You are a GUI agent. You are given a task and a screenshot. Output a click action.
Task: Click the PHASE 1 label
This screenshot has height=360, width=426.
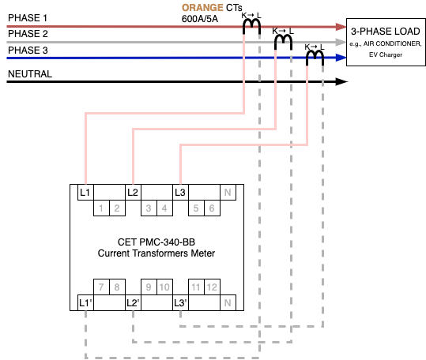pos(28,18)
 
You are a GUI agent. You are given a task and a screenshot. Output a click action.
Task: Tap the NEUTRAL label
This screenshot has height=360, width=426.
pos(30,73)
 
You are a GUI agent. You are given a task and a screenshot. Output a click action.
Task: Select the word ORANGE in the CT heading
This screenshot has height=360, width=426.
pos(202,8)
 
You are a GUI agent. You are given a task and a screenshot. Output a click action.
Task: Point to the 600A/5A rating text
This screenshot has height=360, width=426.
pos(200,19)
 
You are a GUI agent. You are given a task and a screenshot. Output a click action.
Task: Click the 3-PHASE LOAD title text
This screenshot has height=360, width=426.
pos(385,32)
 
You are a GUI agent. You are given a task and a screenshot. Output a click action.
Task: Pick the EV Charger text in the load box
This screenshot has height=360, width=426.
pos(385,54)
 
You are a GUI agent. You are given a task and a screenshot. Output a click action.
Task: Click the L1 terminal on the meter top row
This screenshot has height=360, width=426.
pos(85,193)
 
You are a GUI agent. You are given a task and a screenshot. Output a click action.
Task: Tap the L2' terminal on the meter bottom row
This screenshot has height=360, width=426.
pos(133,302)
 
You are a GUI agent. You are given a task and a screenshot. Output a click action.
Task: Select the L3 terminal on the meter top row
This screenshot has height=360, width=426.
pos(180,193)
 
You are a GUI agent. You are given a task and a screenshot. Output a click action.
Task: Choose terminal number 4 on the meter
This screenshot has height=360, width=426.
pos(164,208)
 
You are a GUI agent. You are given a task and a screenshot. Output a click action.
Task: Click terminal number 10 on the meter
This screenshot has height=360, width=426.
pos(164,287)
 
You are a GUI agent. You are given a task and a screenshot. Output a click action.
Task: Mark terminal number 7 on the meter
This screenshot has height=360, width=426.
pos(101,287)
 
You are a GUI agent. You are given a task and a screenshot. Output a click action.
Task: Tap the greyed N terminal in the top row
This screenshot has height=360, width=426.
pos(228,193)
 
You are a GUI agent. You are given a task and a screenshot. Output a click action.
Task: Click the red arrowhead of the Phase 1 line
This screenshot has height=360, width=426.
pos(341,27)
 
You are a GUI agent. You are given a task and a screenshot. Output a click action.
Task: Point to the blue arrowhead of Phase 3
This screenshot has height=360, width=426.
pos(341,58)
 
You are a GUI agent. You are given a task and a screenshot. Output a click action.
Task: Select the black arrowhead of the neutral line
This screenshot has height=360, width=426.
pos(341,81)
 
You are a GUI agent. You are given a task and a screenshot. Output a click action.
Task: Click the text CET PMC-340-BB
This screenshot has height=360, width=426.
pos(156,242)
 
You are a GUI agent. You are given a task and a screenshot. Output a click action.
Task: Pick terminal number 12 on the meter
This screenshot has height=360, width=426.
pos(212,287)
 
